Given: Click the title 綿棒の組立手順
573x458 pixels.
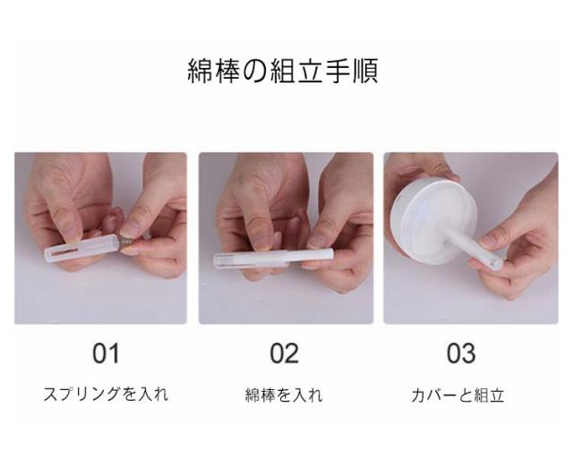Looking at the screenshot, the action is [283, 71].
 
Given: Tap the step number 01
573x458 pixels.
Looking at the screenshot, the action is [106, 353].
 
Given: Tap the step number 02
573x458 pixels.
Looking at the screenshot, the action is [285, 353].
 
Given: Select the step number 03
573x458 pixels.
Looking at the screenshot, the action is [461, 353].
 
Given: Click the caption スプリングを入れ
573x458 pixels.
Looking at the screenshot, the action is [106, 394].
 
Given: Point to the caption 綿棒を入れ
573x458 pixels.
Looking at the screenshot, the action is [284, 394].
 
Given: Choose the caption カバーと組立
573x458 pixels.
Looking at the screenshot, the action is [458, 395].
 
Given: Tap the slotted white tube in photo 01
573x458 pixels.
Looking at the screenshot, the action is [81, 245].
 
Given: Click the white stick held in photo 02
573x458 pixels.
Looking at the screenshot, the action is [274, 259].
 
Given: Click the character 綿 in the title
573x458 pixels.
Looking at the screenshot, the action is [200, 71].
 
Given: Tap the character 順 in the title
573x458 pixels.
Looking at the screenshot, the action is [365, 71].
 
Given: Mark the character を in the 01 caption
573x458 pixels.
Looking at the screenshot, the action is [128, 394].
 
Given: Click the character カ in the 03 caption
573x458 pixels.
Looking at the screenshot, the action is [418, 395].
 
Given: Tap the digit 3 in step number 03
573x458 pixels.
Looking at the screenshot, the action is [469, 353].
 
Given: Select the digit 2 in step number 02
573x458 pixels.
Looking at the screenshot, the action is [292, 353].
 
